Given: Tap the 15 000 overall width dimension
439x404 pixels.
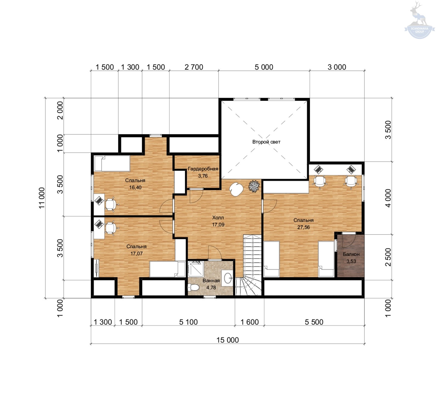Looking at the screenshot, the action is [x=228, y=340].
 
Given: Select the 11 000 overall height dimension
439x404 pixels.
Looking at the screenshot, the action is [x=42, y=198].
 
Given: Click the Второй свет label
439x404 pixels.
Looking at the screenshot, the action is [x=266, y=142].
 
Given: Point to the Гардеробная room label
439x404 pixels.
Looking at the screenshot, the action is [x=203, y=169].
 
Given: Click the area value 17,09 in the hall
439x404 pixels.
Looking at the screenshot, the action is [x=218, y=225].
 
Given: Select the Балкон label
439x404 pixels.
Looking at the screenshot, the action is [x=351, y=254].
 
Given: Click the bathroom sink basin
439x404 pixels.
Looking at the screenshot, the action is [x=228, y=278].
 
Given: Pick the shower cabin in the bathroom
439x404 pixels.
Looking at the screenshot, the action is [x=196, y=269].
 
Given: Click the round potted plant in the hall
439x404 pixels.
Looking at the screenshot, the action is [x=254, y=186].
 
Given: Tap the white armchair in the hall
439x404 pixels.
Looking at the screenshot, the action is [x=236, y=189].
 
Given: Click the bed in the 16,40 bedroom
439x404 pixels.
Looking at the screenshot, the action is [x=112, y=163].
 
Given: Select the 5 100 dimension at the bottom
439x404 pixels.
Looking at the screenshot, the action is [x=188, y=322].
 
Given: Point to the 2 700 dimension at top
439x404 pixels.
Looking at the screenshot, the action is [x=194, y=67].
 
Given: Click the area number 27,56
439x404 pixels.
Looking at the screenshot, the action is [x=303, y=227].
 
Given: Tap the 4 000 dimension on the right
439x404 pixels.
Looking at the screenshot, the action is [x=388, y=198].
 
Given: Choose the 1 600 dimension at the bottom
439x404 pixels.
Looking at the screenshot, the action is [x=250, y=322].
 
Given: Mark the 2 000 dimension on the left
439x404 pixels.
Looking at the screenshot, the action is [x=60, y=111].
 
